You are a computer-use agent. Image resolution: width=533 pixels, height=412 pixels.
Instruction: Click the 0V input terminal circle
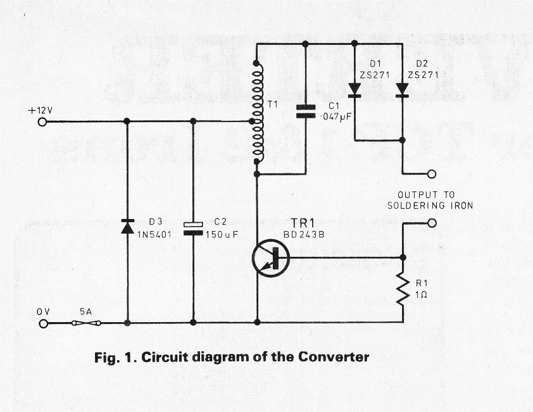point(42,323)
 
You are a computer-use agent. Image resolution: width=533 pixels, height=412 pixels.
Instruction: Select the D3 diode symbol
point(127,226)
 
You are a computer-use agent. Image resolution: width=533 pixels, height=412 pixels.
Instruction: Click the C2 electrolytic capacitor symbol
point(193,228)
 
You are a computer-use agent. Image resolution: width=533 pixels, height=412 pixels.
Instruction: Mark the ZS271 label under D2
point(422,74)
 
